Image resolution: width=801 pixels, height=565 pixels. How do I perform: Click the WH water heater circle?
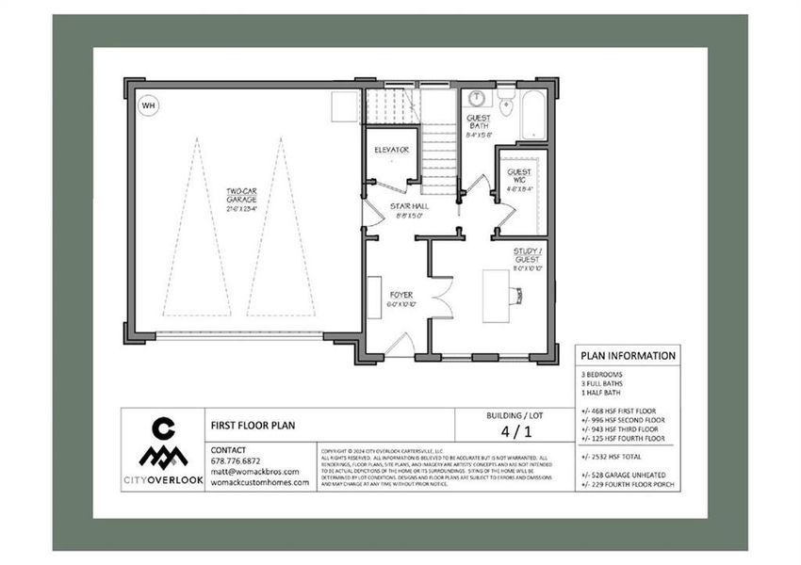click(148, 105)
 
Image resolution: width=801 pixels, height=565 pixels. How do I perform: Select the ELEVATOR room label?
click(390, 149)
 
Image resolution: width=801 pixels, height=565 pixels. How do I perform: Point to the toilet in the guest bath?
click(505, 105)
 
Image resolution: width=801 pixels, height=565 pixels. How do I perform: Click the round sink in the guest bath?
click(477, 98)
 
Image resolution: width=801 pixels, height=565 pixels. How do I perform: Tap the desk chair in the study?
click(517, 296)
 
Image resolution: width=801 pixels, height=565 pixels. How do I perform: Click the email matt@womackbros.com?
click(254, 472)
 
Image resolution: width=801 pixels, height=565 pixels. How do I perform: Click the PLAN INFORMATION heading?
click(628, 356)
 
